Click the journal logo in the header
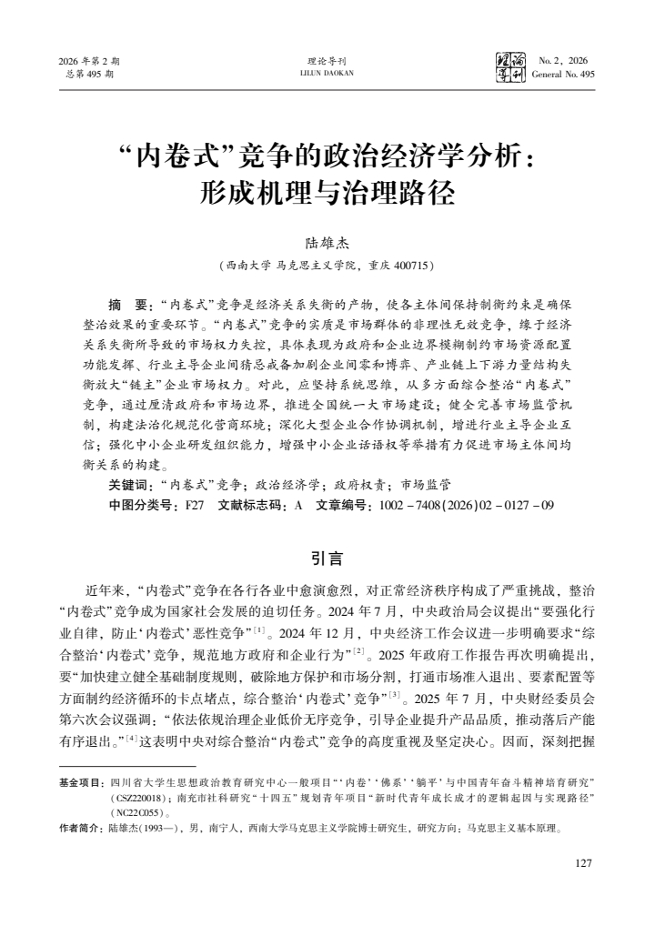[509, 66]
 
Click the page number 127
[585, 862]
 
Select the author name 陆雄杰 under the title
[327, 243]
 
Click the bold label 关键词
[130, 486]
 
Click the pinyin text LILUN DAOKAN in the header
[327, 74]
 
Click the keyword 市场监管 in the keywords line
[418, 486]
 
